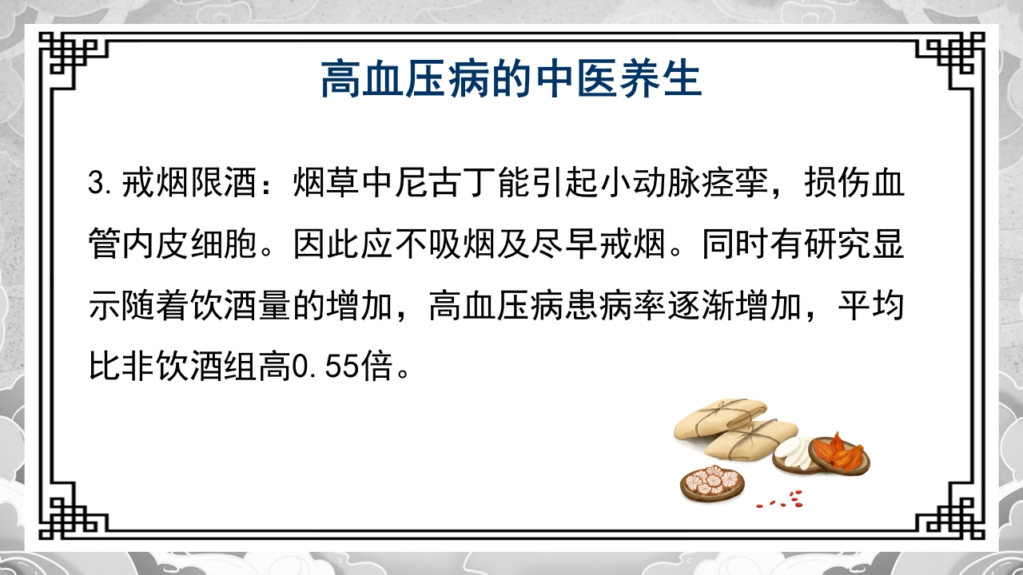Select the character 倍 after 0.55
coord(376,369)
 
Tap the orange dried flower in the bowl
coord(841,452)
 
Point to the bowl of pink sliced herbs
coord(711,481)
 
